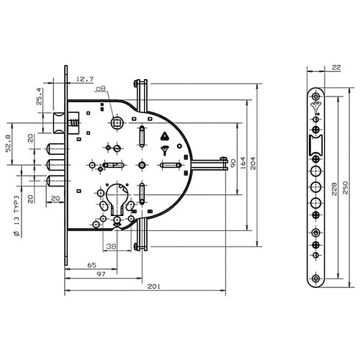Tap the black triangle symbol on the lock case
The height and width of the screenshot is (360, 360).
coord(163,135)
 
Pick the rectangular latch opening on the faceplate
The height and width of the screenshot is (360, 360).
coord(315,146)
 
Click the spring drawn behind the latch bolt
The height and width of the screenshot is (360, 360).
coord(73,124)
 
